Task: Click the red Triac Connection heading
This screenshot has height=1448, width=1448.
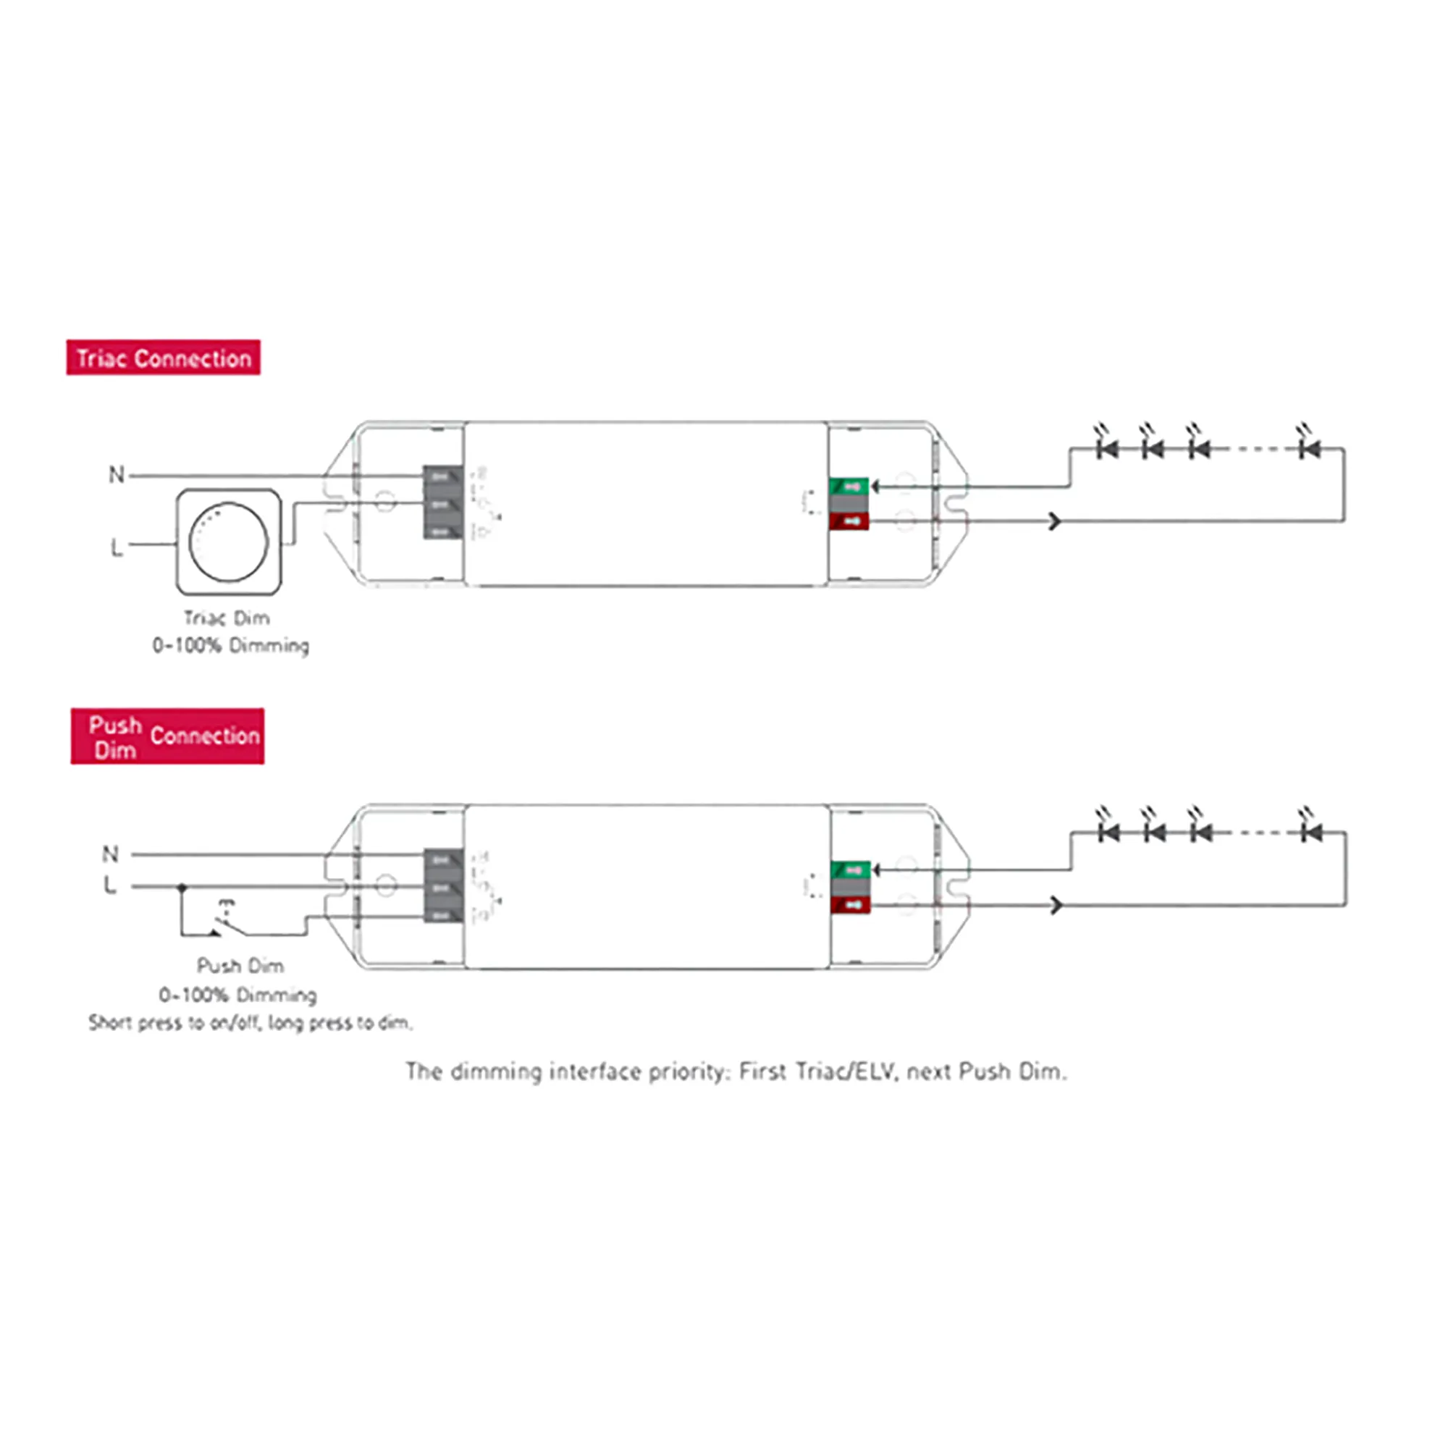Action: (164, 358)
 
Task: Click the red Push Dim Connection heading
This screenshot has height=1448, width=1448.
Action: (167, 736)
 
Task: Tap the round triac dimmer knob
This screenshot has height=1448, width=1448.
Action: (228, 542)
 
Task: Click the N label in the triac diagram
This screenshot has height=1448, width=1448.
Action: (116, 474)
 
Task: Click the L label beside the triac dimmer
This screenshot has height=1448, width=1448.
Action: (116, 547)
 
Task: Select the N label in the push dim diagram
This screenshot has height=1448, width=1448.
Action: (110, 854)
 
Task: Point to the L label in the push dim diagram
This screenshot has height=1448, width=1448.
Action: (110, 885)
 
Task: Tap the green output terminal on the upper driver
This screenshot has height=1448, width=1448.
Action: (849, 487)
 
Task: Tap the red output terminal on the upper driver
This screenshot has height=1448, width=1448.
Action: (849, 521)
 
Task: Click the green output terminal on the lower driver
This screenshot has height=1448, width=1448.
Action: (851, 870)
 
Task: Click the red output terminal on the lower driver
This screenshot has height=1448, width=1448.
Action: (851, 904)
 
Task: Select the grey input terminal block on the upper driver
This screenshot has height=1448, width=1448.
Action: (443, 502)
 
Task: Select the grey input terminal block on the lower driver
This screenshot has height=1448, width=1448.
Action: (443, 885)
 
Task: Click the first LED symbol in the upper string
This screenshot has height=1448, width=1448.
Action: (1107, 448)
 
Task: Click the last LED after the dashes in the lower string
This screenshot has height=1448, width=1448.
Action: (1311, 832)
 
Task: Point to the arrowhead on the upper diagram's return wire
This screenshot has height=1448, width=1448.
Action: (1055, 521)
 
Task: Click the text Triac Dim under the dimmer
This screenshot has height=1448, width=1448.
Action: (227, 618)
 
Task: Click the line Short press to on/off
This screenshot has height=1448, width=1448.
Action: (251, 1022)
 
